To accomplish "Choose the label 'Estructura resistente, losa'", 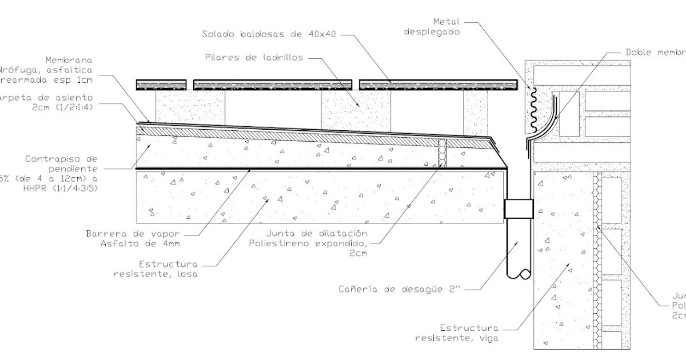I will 155,269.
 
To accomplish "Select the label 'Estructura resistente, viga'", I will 457,333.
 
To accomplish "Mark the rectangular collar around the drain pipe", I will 519,209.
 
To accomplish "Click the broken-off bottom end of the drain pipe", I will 519,273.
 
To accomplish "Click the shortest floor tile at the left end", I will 161,85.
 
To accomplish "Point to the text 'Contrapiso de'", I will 62,158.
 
